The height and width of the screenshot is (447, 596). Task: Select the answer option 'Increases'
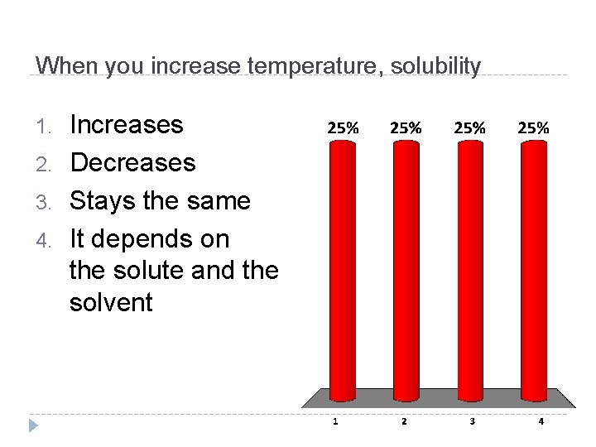pos(127,125)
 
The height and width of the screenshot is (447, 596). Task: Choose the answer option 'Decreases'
pos(132,163)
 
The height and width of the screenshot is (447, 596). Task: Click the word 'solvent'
pos(111,303)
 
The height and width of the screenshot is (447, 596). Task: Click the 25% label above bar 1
pos(343,128)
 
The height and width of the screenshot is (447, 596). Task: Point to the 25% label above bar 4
pos(533,128)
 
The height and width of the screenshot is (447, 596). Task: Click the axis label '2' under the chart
pos(403,421)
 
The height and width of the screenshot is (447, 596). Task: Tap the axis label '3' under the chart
pos(472,421)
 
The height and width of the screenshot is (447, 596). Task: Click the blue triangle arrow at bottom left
pos(33,425)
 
